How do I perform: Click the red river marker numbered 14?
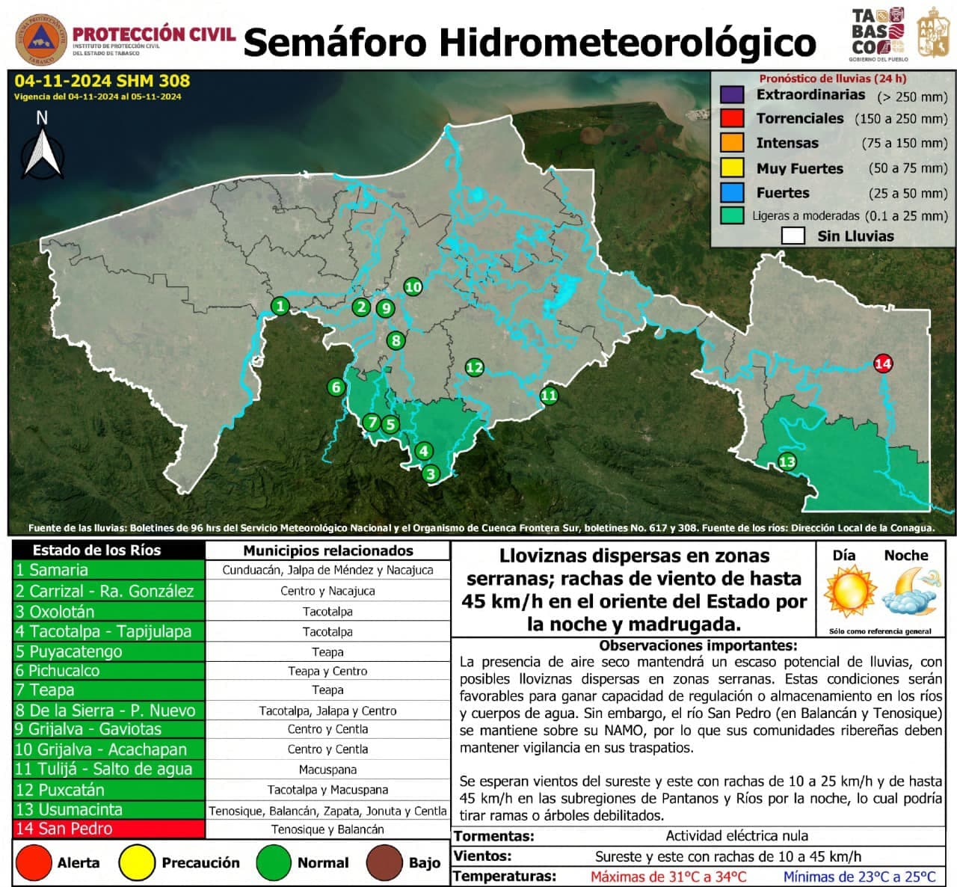[x=883, y=364]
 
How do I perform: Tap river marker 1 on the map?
[x=280, y=306]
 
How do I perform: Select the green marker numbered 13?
[x=787, y=461]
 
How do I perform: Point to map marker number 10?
[x=413, y=286]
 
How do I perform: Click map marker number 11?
[x=549, y=396]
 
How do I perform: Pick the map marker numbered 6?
[x=336, y=387]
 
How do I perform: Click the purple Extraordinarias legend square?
[x=731, y=95]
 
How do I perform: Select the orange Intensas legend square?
[x=731, y=143]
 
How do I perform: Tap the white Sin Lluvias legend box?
[x=793, y=236]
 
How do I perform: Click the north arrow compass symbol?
[x=42, y=150]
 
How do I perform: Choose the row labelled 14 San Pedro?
[x=108, y=829]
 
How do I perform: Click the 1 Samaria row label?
[x=108, y=570]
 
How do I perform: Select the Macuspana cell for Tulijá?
[x=327, y=770]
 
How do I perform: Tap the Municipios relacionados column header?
[x=327, y=550]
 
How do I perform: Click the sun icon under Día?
[x=850, y=591]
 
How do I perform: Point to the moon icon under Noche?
[x=907, y=591]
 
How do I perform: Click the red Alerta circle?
[x=34, y=863]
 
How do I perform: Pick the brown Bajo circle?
[x=385, y=863]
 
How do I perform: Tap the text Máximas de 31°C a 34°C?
[x=668, y=877]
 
